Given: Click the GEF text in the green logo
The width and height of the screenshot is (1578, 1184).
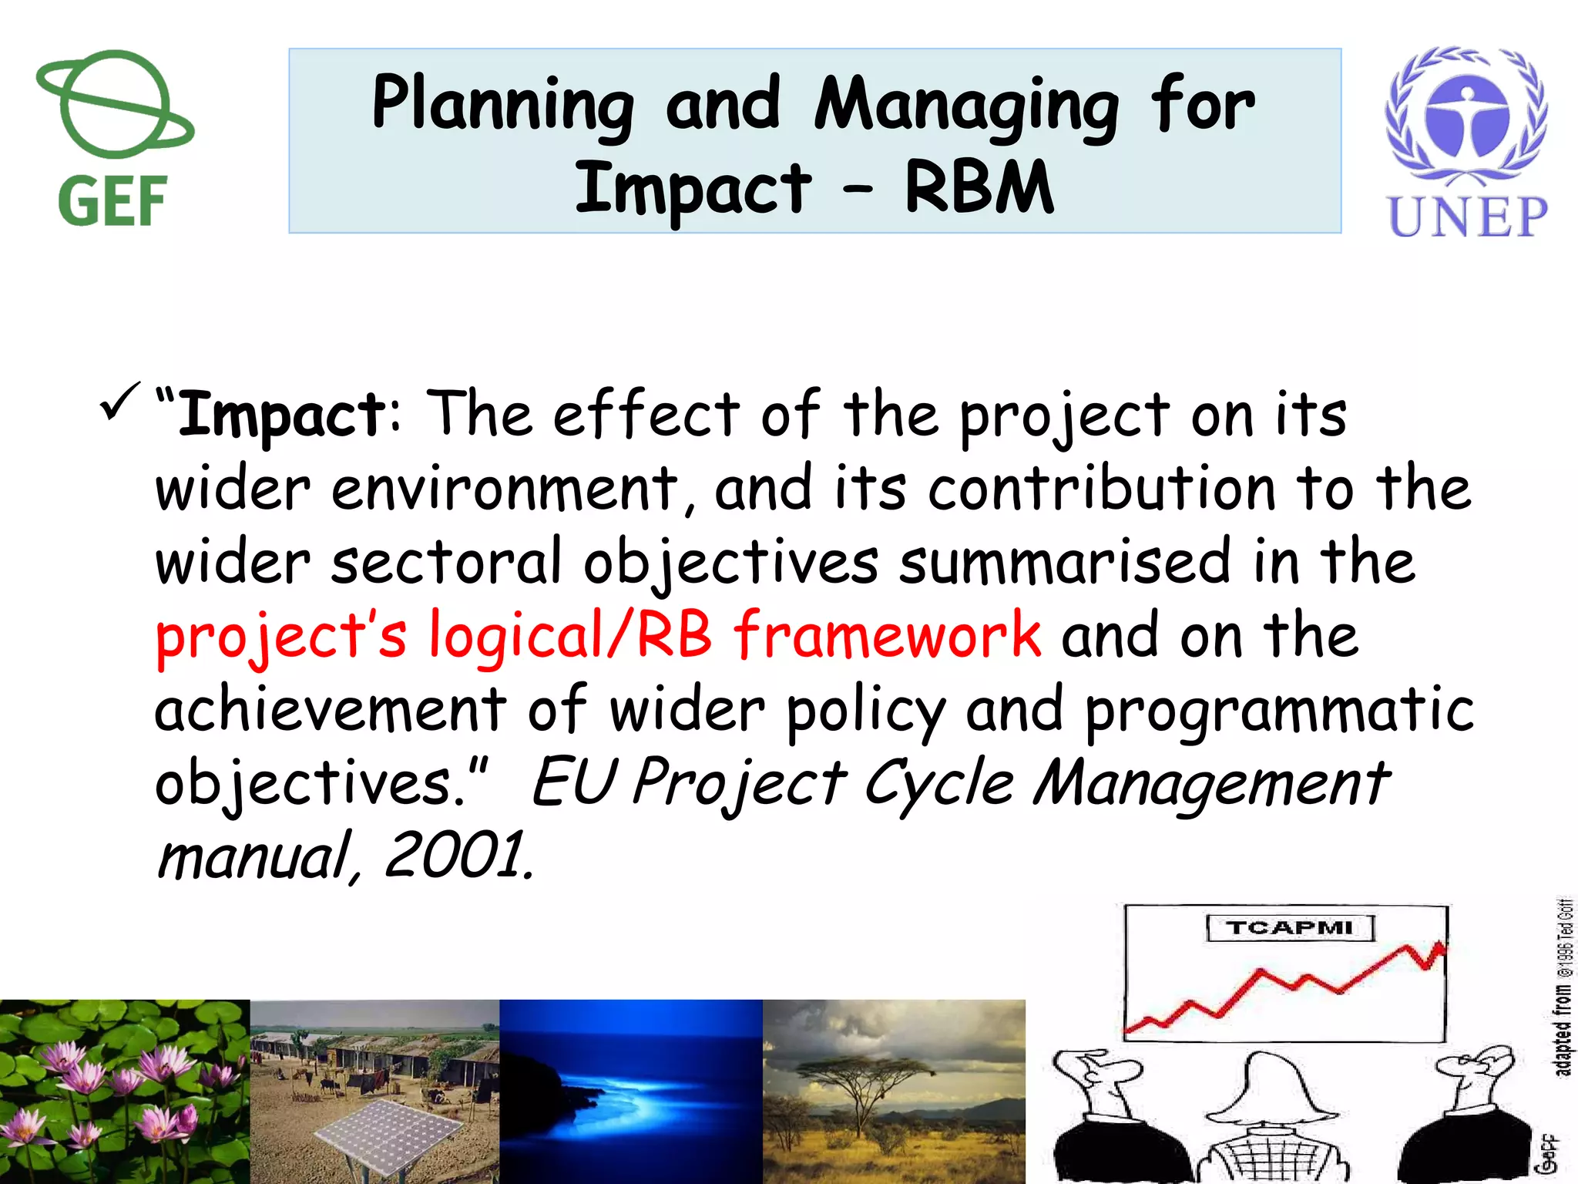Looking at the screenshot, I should pos(112,202).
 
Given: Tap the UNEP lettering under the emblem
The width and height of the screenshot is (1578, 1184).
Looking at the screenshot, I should pos(1467,217).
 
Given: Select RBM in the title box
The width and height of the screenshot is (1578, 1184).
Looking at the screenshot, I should pos(979,188).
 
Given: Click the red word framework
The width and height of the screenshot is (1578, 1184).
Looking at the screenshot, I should pos(886,635).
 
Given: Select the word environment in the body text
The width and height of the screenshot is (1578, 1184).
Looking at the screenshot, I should pos(505,489).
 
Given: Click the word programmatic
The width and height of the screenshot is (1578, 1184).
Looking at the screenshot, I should pos(1279,709).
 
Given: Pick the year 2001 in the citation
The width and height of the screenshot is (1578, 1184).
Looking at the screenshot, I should pos(455,856).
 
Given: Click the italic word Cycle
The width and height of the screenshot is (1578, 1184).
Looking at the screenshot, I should pos(938,783).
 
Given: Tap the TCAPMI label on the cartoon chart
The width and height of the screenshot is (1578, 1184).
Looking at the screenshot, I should pos(1289,927).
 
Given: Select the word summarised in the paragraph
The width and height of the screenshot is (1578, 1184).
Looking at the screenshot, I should pos(1063,561).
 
